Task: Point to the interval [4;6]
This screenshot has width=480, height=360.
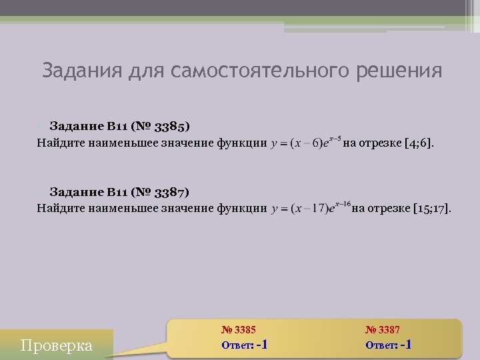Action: [x=419, y=142]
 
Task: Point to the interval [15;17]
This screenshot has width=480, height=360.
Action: [x=431, y=209]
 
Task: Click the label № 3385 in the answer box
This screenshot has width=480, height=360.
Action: [x=238, y=329]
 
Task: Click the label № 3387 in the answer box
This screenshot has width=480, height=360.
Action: [x=383, y=329]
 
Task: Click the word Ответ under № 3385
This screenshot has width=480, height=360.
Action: [x=236, y=345]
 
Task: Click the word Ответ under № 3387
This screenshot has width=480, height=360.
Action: [x=381, y=345]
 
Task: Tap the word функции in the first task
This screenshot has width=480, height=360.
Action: [x=241, y=142]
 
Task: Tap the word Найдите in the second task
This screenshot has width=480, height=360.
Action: [x=59, y=209]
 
